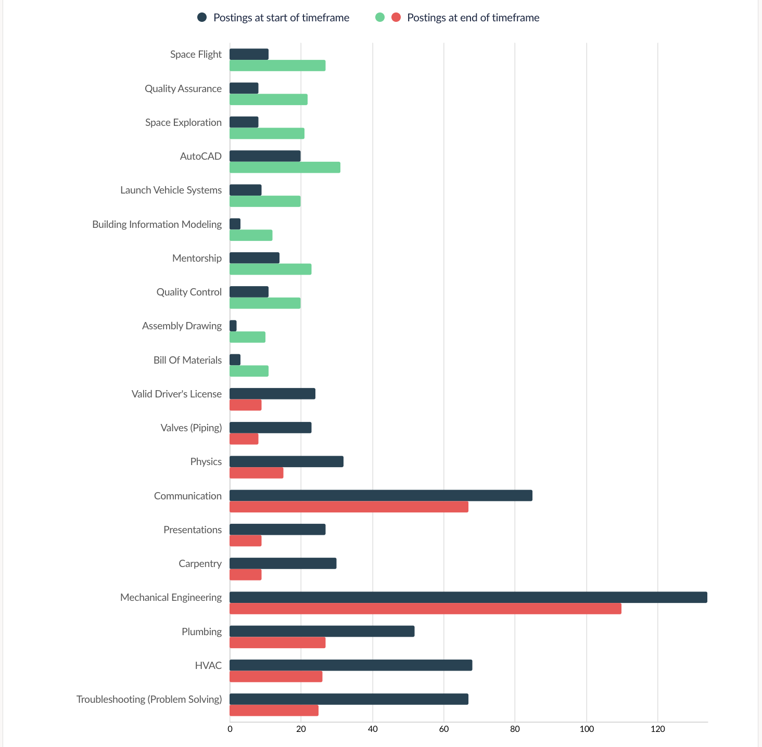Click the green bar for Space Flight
(x=277, y=66)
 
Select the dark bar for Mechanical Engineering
(x=468, y=597)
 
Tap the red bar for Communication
(x=349, y=507)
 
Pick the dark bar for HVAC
(x=351, y=665)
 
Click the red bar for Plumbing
(x=277, y=642)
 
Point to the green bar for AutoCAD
(x=285, y=168)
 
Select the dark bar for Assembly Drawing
(x=233, y=326)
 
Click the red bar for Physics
(x=257, y=473)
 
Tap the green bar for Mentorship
(x=271, y=269)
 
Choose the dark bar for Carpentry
(x=283, y=563)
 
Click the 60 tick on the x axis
(x=444, y=729)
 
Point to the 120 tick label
(x=658, y=729)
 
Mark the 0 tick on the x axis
(x=230, y=729)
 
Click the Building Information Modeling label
(x=157, y=224)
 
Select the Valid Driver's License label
(x=176, y=394)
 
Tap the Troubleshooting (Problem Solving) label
(x=149, y=699)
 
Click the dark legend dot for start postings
(x=202, y=17)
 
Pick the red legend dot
(x=396, y=17)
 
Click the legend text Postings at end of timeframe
(x=473, y=18)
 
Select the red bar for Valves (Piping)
(x=244, y=439)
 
